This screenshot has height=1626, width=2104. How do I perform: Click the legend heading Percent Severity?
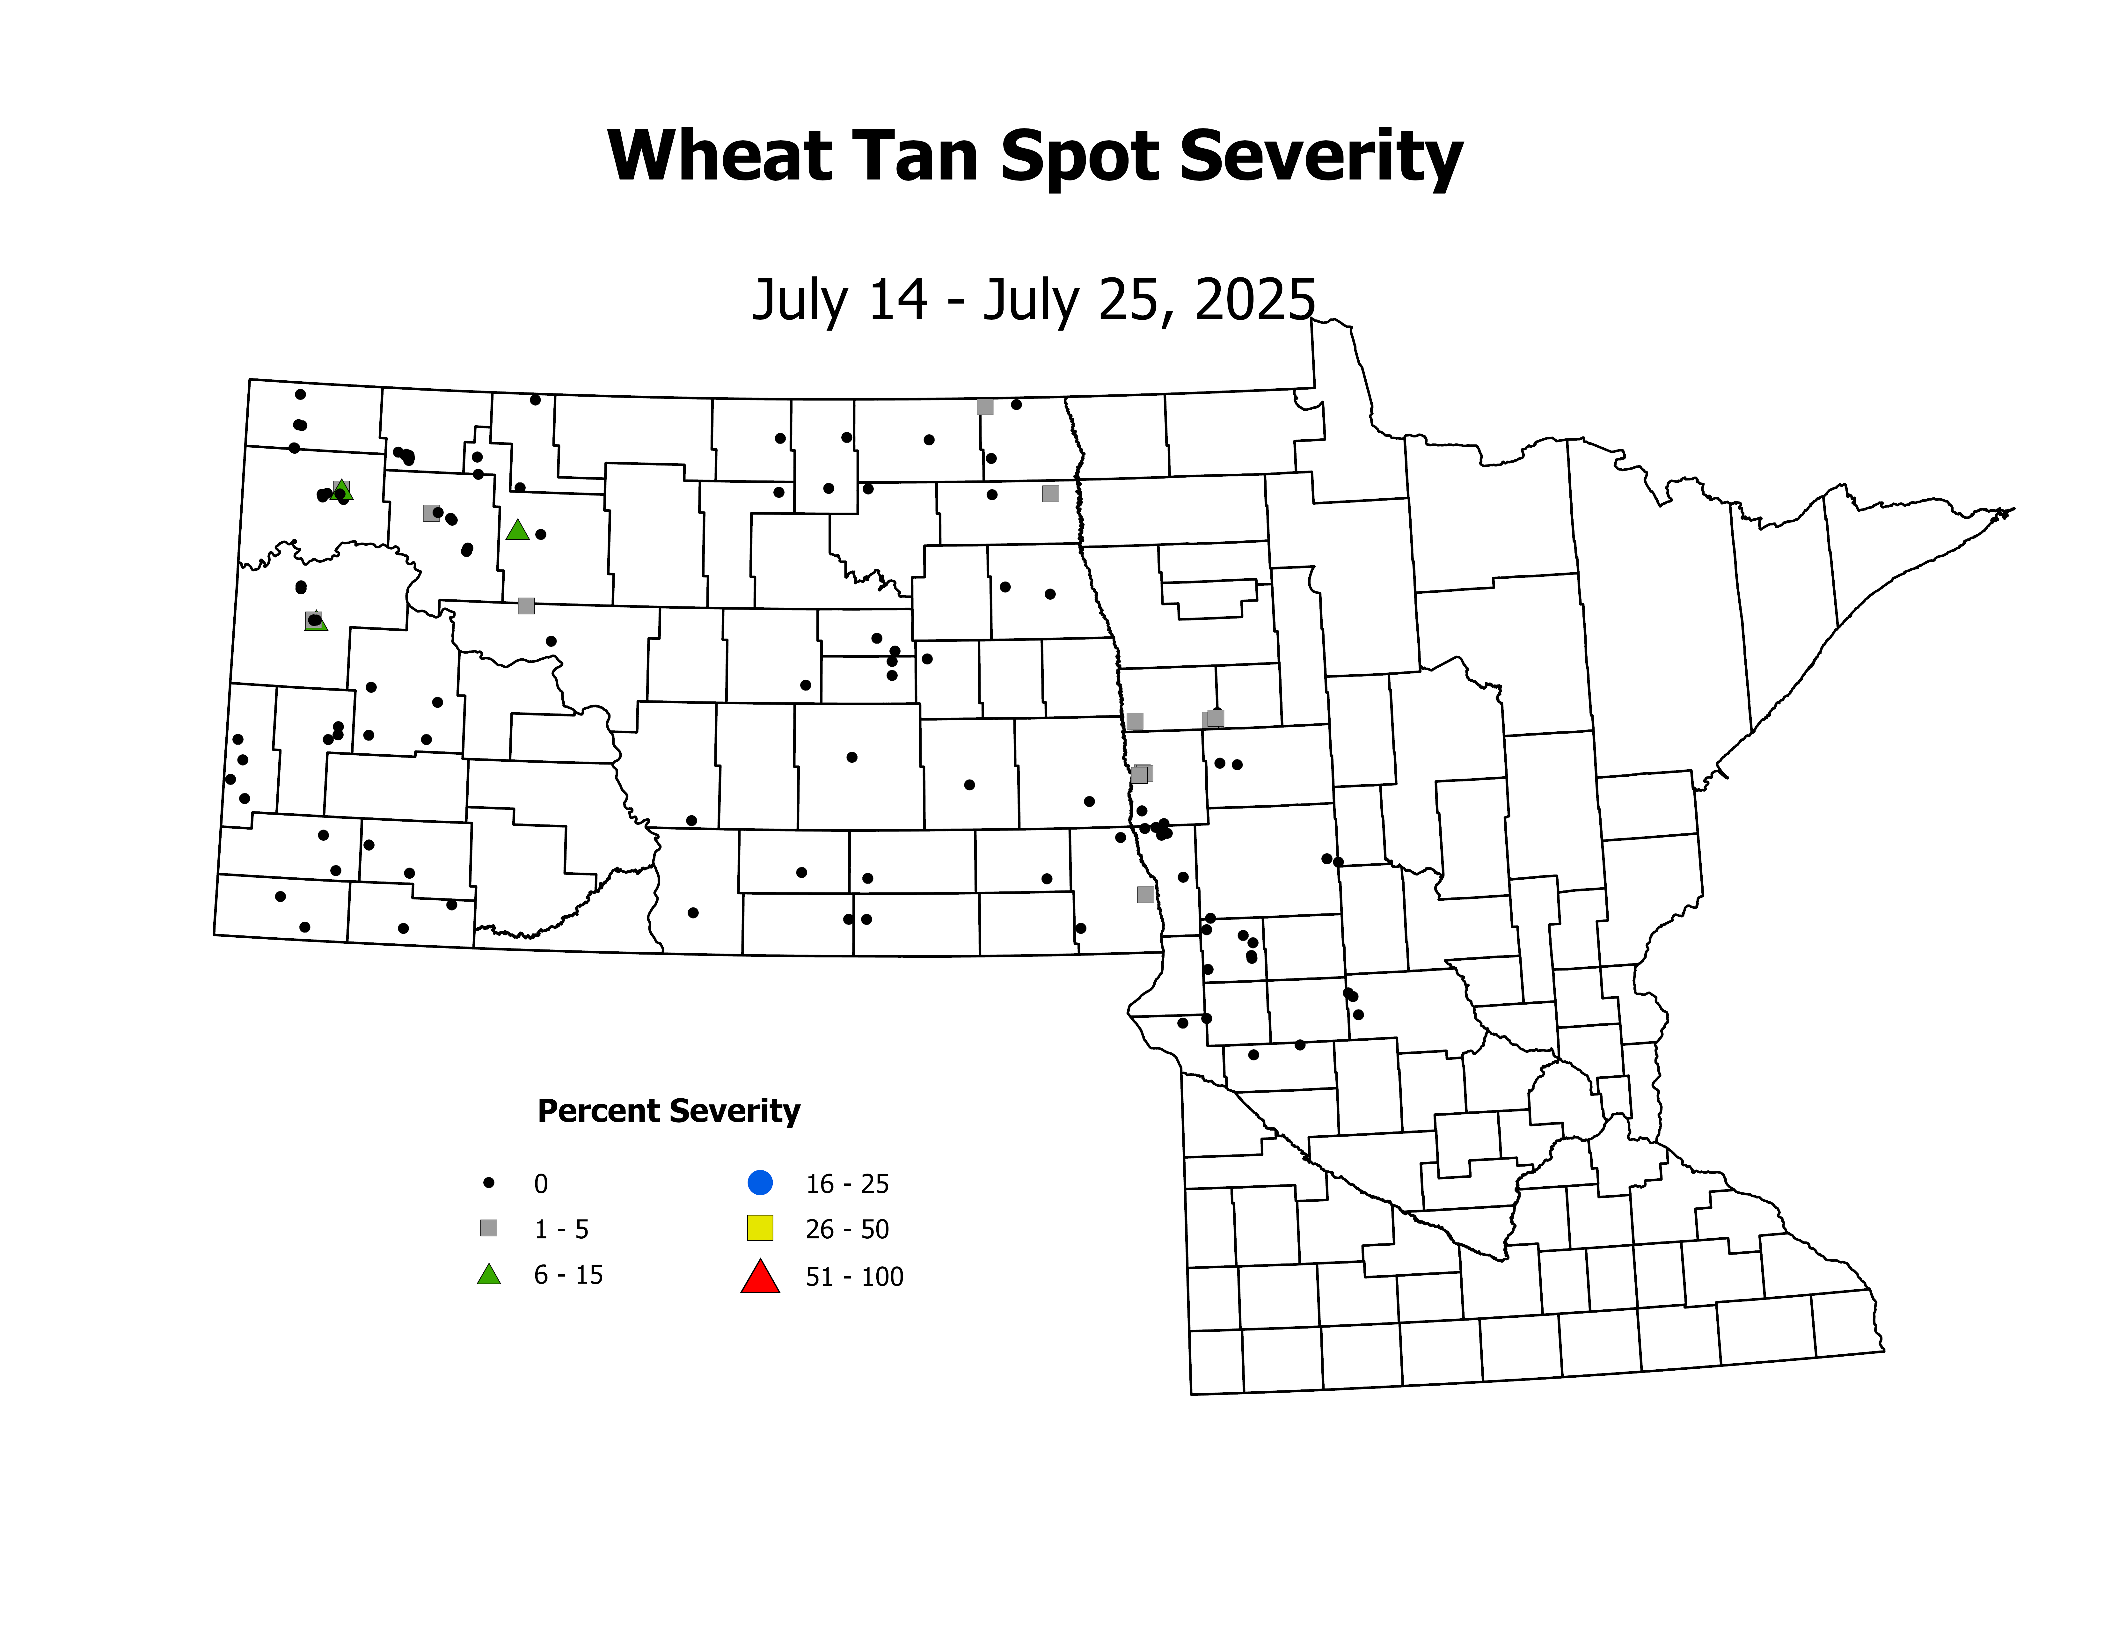[668, 1111]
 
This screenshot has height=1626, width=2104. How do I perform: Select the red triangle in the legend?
[760, 1277]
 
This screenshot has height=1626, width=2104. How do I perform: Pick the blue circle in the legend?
[760, 1182]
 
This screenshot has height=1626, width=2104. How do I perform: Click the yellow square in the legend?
[760, 1228]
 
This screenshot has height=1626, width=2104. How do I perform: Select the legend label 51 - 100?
[854, 1277]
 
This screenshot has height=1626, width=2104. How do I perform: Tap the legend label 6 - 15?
[568, 1275]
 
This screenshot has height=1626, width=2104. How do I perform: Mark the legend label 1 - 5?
[562, 1229]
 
